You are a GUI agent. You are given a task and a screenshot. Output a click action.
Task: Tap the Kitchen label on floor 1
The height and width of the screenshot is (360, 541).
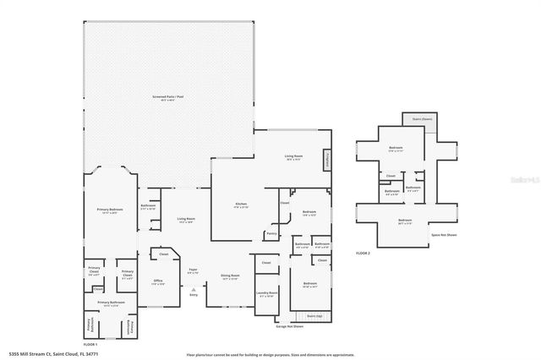point(240,205)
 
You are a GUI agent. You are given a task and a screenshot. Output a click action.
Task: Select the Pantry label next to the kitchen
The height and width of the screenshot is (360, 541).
point(271,233)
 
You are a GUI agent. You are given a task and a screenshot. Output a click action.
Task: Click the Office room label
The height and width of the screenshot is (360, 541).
point(157,281)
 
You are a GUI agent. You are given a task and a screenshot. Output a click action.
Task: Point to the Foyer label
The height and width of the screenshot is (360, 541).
point(193,271)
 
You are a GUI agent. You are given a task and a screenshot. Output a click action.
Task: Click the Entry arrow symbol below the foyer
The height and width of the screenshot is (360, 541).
point(193,290)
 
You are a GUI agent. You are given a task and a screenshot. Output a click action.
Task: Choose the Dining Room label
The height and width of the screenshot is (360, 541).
point(230,276)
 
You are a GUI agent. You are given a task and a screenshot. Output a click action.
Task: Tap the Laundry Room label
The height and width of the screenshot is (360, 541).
point(267,294)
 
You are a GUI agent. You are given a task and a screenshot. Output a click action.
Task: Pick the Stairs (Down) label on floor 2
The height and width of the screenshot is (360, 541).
point(419,120)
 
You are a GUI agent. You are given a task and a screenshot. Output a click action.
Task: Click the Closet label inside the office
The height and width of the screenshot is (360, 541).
point(164,254)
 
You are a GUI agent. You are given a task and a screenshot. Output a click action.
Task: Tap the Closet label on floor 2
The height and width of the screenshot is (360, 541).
point(391,176)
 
